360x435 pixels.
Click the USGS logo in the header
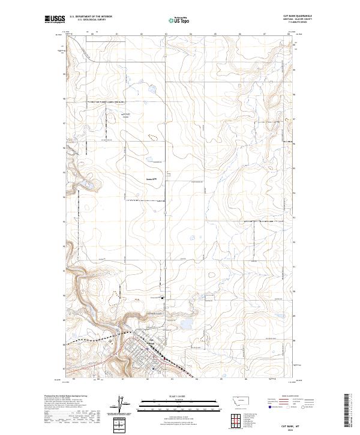(x=55, y=20)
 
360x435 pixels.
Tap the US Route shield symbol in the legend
(x=289, y=407)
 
